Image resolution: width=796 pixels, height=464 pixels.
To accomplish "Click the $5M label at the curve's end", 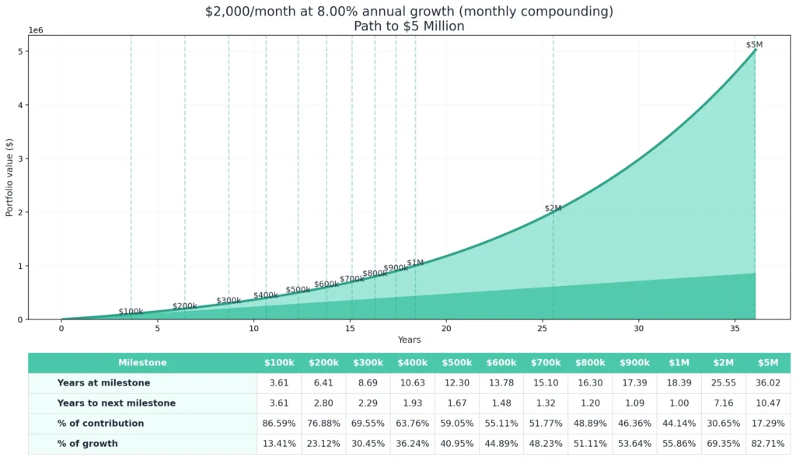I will pos(754,45).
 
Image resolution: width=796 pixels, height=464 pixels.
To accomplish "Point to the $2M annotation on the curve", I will pos(553,208).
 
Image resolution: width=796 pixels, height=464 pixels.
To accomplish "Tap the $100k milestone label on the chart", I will pos(131,312).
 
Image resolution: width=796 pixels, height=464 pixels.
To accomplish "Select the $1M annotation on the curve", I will pos(415,263).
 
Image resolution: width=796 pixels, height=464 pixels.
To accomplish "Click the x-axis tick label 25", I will pos(542,329).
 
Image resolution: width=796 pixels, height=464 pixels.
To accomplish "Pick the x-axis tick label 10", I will pos(253,329).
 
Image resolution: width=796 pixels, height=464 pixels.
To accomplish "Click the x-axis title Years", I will pos(409,340).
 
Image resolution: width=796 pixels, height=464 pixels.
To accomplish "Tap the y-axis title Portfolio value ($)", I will pos(10,177).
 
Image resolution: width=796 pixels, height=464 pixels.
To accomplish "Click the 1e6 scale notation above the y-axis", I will pos(37,30).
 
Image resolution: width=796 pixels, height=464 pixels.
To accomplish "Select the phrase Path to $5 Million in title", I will pos(409,26).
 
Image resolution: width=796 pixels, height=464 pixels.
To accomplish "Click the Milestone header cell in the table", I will pos(142,363).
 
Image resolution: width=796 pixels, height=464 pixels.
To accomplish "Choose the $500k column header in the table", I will pos(457,363).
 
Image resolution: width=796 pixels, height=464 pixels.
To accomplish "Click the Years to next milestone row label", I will pos(116,403).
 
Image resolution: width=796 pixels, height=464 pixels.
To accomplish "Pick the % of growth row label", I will pos(87,444).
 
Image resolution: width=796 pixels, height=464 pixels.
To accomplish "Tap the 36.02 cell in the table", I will pos(767,383).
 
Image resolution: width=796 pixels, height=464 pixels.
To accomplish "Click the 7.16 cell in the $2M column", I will pos(723,403).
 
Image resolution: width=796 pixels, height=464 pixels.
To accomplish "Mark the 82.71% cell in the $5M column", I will pos(767,444).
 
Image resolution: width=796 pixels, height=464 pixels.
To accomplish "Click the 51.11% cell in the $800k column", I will pos(590,444).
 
